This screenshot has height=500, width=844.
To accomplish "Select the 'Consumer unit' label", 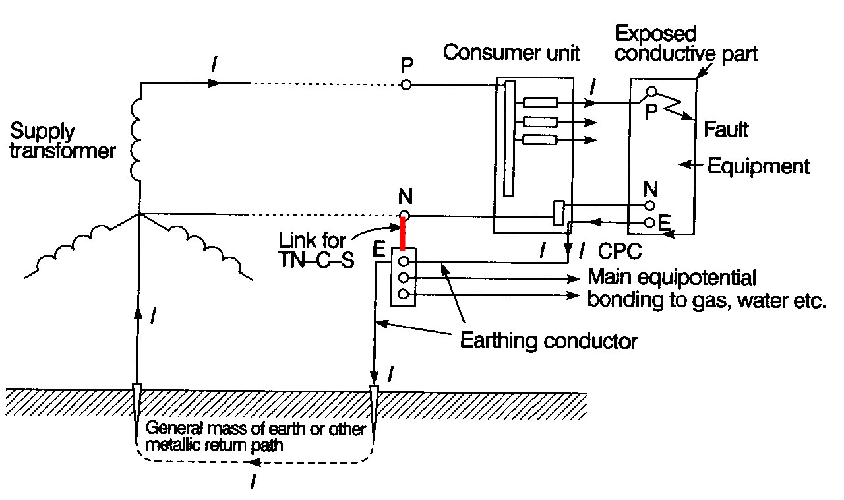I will (511, 53).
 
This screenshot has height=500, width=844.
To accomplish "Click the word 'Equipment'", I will (758, 166).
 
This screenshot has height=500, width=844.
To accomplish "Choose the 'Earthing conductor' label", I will (549, 341).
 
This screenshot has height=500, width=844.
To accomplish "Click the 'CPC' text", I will (620, 252).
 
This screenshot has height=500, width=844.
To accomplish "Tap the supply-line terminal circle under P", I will (406, 85).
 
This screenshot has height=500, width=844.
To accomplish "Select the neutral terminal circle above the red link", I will (405, 216).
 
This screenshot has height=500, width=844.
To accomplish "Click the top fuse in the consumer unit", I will (540, 102).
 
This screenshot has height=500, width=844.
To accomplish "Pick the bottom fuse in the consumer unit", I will (540, 139).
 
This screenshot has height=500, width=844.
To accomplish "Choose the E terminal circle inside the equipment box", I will (650, 222).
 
